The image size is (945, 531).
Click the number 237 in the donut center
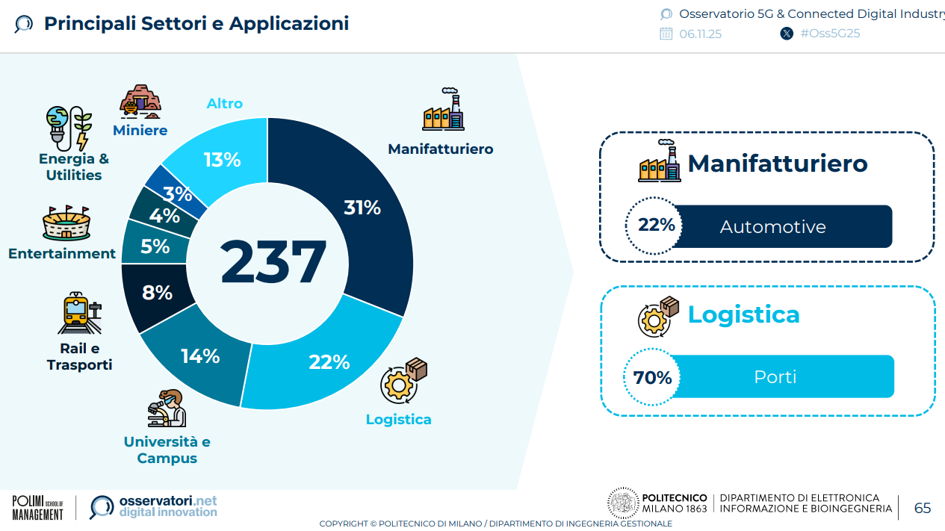tap(273, 262)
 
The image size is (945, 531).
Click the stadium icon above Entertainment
tap(66, 223)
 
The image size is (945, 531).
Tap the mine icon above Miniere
tap(140, 102)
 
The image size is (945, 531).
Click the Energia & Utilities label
tap(74, 167)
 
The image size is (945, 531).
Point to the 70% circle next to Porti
tap(653, 377)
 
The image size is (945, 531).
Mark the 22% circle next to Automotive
tap(655, 225)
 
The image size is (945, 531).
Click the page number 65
tap(923, 508)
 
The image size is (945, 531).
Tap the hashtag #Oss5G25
tap(830, 34)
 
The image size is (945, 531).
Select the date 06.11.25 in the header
tap(700, 34)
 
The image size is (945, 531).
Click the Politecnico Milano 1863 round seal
tap(622, 503)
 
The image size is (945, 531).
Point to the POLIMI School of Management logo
tap(37, 507)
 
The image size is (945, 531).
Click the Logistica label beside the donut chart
tap(398, 419)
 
